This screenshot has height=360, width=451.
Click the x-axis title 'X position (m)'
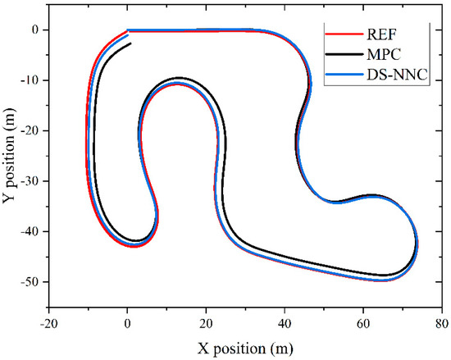[245, 348]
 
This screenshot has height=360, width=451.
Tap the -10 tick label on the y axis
[32, 80]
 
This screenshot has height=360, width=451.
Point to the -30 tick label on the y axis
[32, 181]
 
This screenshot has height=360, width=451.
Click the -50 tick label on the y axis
[32, 282]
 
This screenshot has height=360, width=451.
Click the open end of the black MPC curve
[130, 43]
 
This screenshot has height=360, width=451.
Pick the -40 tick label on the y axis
[32, 232]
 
